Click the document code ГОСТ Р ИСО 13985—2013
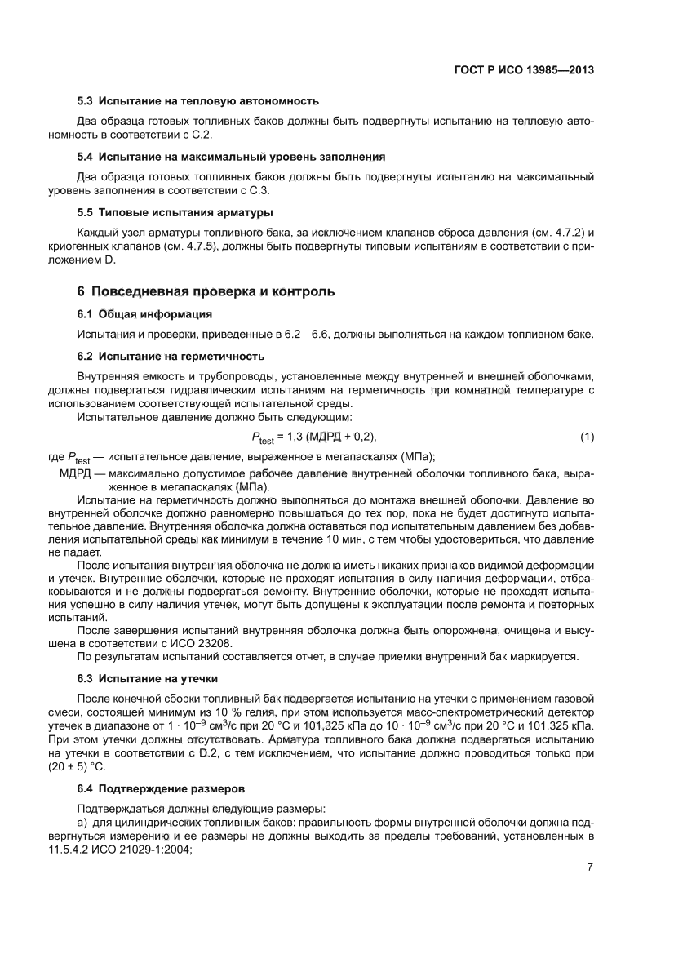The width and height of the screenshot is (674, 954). pos(523,70)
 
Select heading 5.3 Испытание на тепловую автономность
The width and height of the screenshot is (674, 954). pos(197,101)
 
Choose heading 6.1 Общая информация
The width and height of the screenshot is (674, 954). pos(144,313)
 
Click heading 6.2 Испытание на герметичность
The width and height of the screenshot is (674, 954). pos(170,357)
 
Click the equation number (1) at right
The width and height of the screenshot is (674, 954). pos(587,437)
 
